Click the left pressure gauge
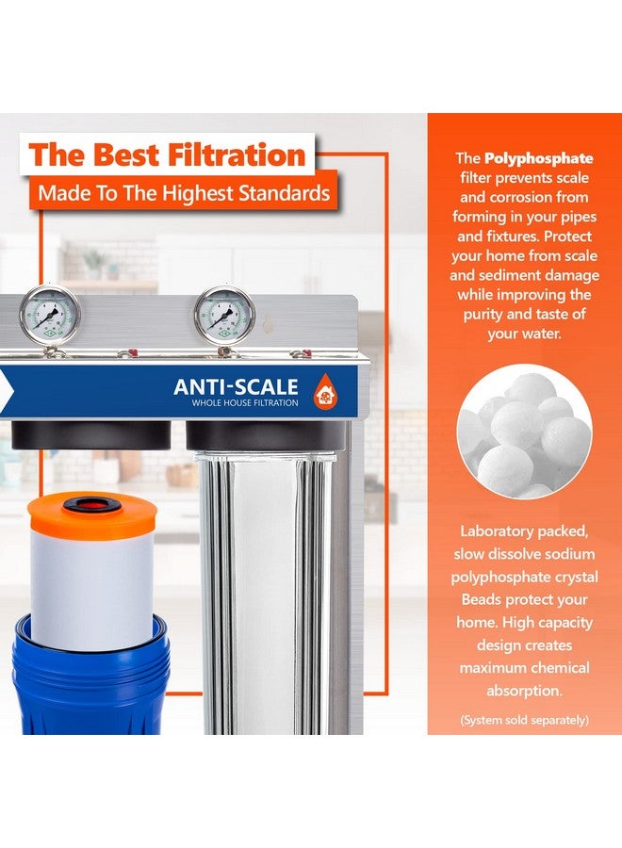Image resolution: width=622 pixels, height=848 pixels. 49,315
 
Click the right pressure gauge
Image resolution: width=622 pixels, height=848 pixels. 224,315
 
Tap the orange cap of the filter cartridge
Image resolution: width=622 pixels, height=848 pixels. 92,514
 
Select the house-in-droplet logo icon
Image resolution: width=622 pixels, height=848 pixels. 325,391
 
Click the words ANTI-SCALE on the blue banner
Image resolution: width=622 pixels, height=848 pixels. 236,386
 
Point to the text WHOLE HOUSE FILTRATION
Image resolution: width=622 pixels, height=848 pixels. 245,403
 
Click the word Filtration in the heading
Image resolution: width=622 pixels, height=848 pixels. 237,155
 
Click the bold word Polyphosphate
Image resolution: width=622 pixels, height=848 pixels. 539,158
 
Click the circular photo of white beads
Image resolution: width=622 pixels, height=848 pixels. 524,431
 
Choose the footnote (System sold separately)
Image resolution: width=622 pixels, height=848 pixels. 524,720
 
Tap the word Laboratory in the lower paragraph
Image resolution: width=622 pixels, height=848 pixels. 491,531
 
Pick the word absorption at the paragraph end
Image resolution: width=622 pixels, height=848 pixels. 524,691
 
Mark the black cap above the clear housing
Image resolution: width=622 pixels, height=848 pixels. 266,436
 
